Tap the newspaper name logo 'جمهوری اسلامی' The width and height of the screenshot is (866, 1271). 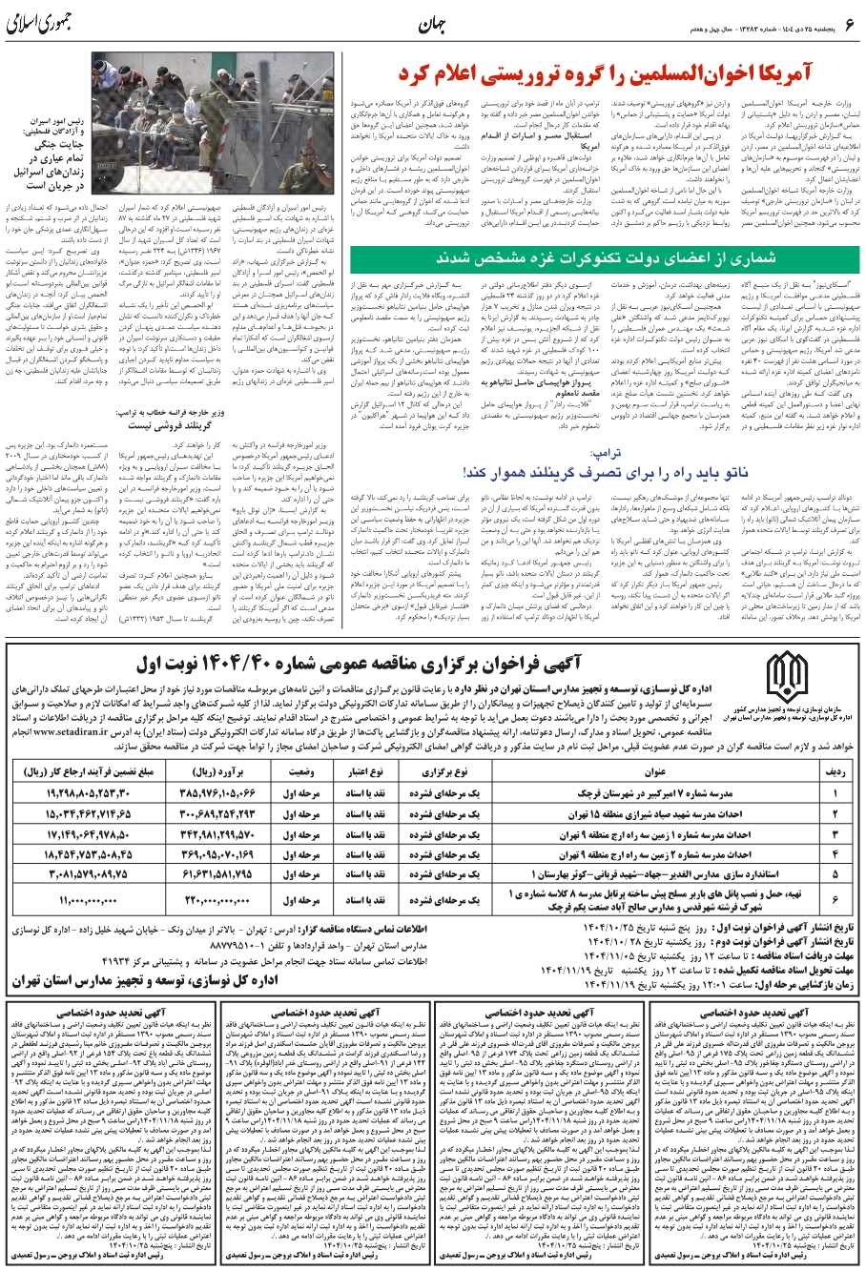(58, 18)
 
